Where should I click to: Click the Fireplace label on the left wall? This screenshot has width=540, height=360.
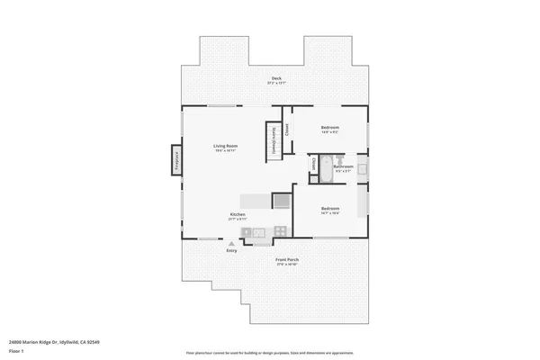pyautogui.click(x=176, y=161)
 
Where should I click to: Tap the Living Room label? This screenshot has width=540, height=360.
pyautogui.click(x=225, y=148)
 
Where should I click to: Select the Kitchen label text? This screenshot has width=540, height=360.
pyautogui.click(x=238, y=215)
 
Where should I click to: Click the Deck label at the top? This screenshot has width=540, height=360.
pyautogui.click(x=277, y=80)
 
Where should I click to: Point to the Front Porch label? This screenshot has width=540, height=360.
pyautogui.click(x=287, y=261)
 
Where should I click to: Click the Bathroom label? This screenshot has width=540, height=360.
pyautogui.click(x=343, y=167)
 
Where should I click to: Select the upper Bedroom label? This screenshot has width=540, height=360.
pyautogui.click(x=330, y=128)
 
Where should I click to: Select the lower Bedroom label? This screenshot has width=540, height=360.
pyautogui.click(x=330, y=211)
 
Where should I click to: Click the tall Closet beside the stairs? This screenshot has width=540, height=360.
pyautogui.click(x=287, y=130)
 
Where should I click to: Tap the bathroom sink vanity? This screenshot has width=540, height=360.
pyautogui.click(x=362, y=168)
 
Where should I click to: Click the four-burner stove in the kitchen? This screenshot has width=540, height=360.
pyautogui.click(x=280, y=231)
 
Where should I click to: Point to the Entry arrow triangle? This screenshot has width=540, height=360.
pyautogui.click(x=231, y=243)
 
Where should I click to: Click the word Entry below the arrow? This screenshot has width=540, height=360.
pyautogui.click(x=231, y=251)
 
